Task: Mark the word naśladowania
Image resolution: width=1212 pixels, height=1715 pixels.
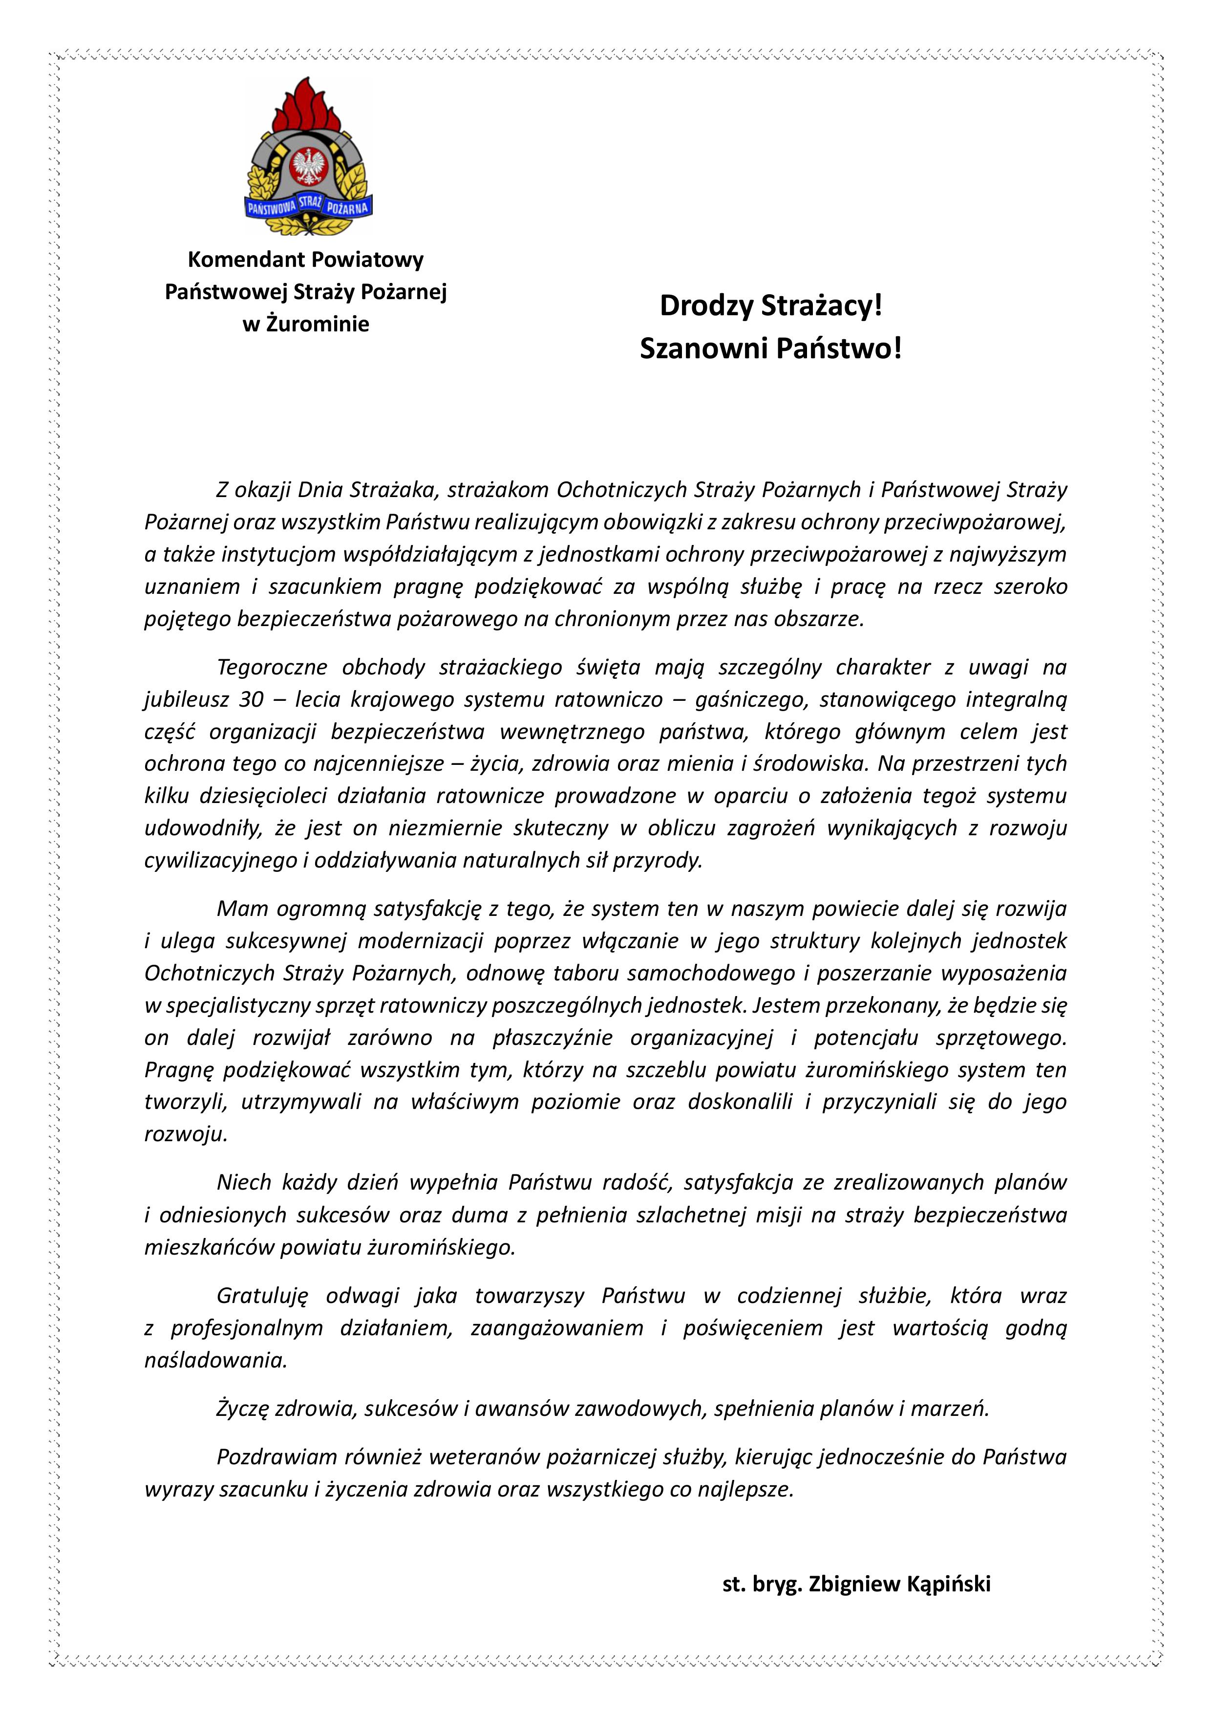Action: [x=215, y=1360]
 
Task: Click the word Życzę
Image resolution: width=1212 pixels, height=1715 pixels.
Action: [x=242, y=1409]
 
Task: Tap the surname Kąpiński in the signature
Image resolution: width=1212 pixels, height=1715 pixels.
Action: [x=948, y=1585]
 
